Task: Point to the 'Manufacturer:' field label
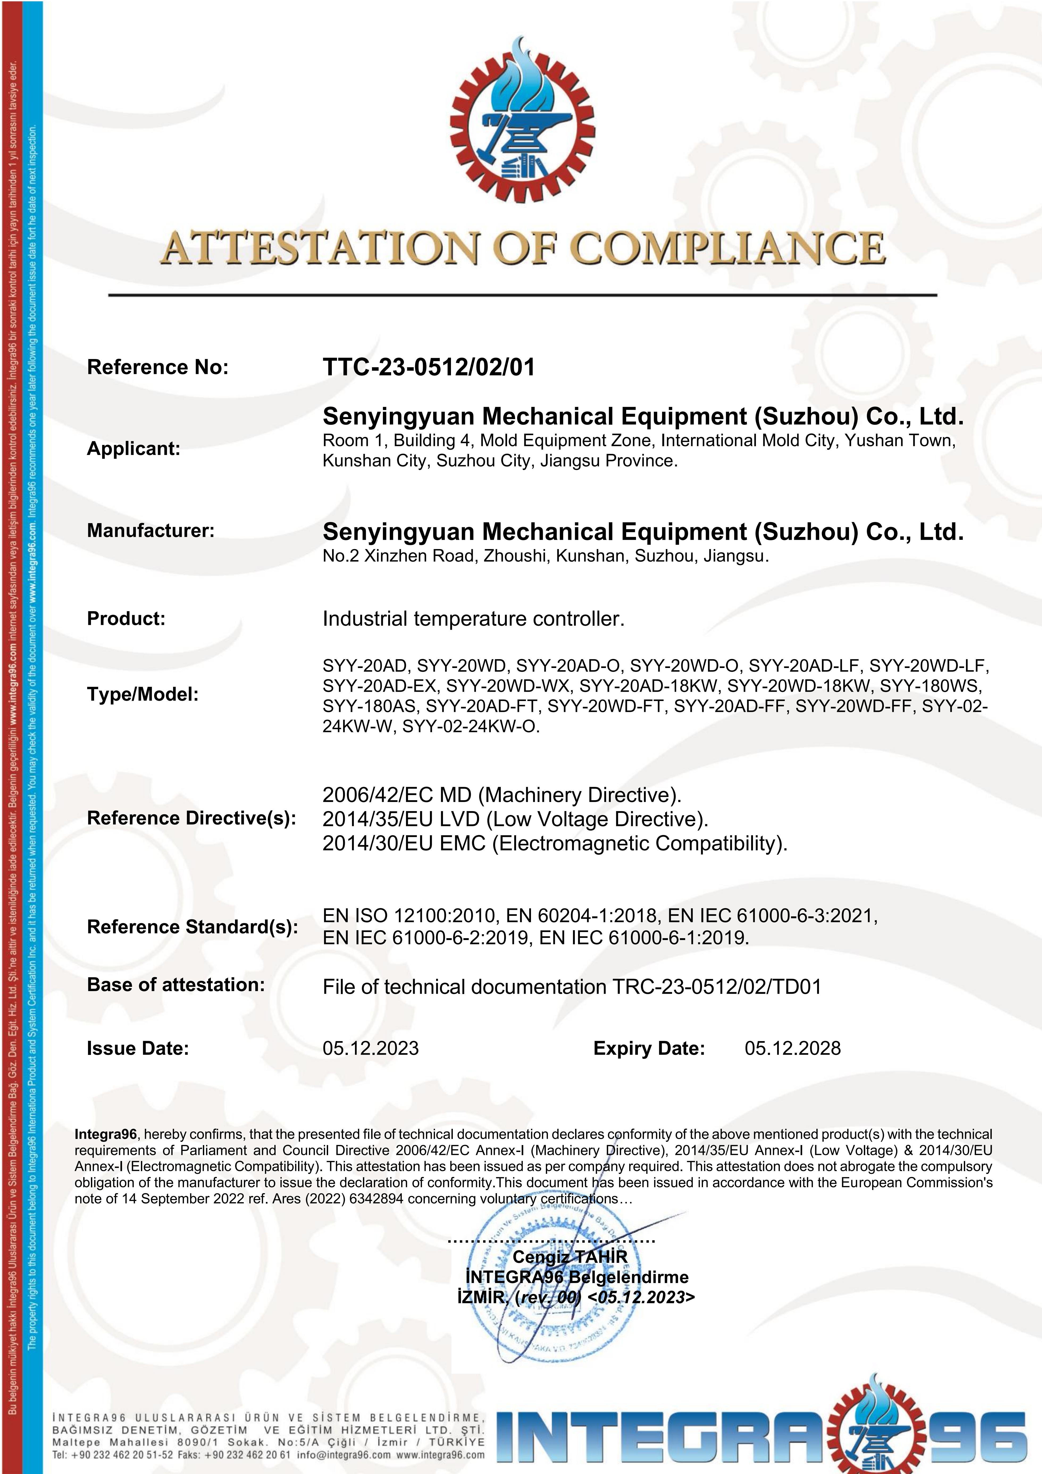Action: (150, 531)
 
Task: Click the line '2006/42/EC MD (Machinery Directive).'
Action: (501, 795)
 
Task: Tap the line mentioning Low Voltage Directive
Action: (515, 819)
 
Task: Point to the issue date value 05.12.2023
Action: (370, 1048)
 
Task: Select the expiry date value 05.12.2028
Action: (792, 1048)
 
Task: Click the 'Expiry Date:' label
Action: (649, 1048)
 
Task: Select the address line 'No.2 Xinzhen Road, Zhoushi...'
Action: (545, 556)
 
